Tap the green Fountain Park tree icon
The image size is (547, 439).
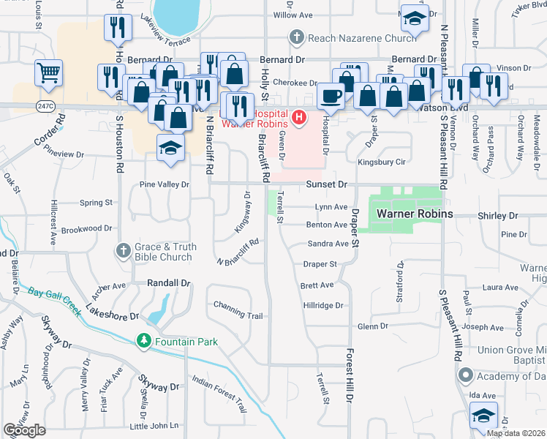pos(144,341)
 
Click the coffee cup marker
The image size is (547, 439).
pos(330,96)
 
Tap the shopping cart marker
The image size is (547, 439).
pos(48,72)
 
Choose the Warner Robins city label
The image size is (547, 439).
pos(415,214)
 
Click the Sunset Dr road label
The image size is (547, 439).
pos(326,185)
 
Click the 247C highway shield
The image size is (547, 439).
pos(44,105)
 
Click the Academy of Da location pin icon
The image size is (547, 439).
pos(466,375)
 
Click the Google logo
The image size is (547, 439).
pos(24,430)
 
